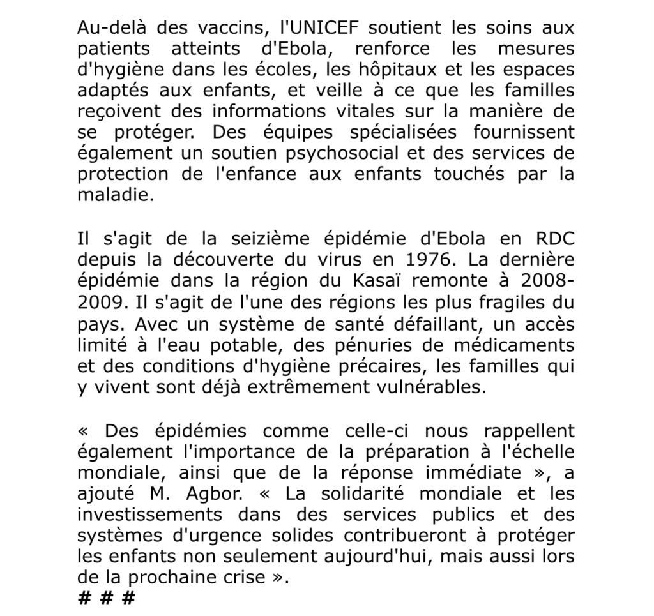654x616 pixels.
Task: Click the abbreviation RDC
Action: click(551, 239)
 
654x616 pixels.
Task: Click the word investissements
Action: click(150, 515)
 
